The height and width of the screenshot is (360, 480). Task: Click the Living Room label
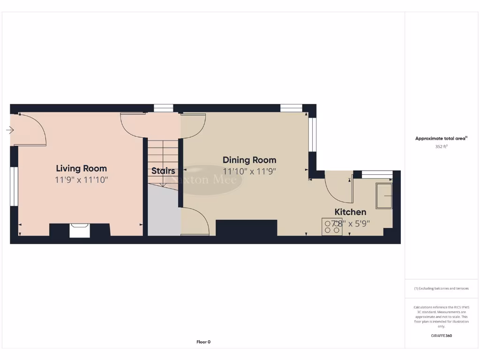pos(82,168)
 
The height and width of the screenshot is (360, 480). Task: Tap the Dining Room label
pos(249,160)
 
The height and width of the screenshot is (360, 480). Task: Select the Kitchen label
pos(350,212)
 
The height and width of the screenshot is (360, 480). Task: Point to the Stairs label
pos(163,171)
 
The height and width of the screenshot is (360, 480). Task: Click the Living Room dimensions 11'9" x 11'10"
pos(82,180)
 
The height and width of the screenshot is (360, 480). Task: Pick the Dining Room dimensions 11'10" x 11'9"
pos(249,172)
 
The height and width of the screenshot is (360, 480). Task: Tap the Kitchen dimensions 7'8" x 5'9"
pos(351,224)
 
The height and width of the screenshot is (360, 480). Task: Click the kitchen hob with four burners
pos(332,227)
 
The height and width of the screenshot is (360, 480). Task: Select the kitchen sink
pos(384,196)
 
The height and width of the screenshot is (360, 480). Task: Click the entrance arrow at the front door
pos(10,130)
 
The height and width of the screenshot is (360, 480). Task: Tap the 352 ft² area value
pos(441,146)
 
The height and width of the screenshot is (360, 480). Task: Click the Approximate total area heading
pos(441,138)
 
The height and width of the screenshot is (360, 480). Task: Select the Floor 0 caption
pos(203,342)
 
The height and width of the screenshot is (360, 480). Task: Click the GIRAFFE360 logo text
pos(441,336)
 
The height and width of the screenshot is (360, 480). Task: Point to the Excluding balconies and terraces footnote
pos(441,288)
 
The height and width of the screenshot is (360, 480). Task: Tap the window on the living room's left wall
pos(14,186)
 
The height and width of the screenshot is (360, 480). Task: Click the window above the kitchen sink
pos(377,175)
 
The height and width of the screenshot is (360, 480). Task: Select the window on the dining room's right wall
pos(312,135)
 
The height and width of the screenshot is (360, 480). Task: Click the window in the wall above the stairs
pos(164,108)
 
